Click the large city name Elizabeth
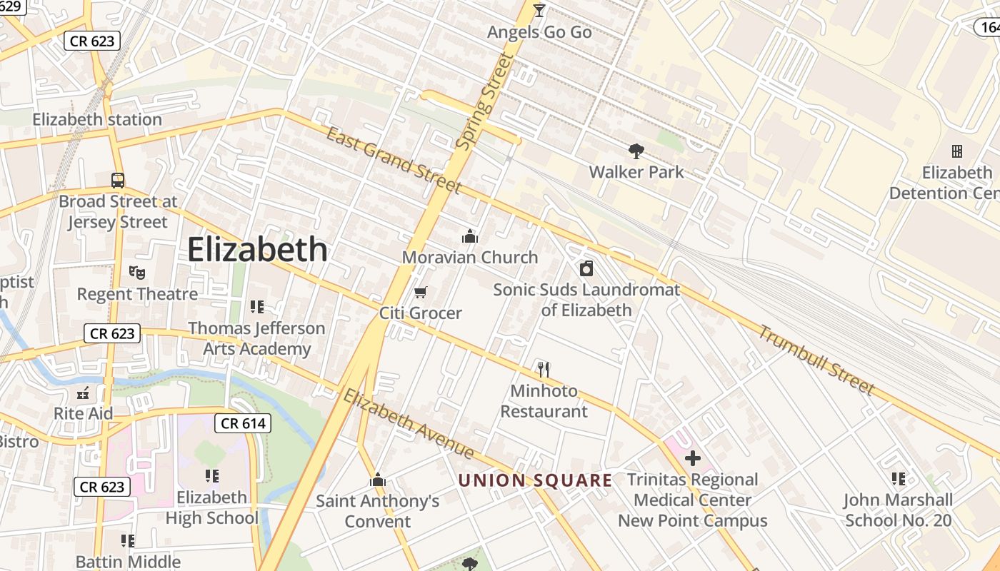[257, 250]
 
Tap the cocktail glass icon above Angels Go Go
[539, 10]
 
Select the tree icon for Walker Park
[636, 151]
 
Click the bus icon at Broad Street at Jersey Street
[118, 180]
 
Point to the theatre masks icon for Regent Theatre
[136, 272]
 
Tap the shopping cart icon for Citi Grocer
[421, 292]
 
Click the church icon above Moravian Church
[469, 236]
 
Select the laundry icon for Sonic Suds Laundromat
[586, 268]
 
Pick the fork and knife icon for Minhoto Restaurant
[544, 369]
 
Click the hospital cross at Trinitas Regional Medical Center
[692, 458]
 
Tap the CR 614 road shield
[243, 423]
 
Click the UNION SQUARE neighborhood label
[535, 480]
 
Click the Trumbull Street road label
[816, 360]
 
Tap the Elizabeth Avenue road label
[408, 424]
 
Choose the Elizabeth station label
[97, 119]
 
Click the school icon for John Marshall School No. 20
[899, 478]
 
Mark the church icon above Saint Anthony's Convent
[378, 480]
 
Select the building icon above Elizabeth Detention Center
[956, 151]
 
